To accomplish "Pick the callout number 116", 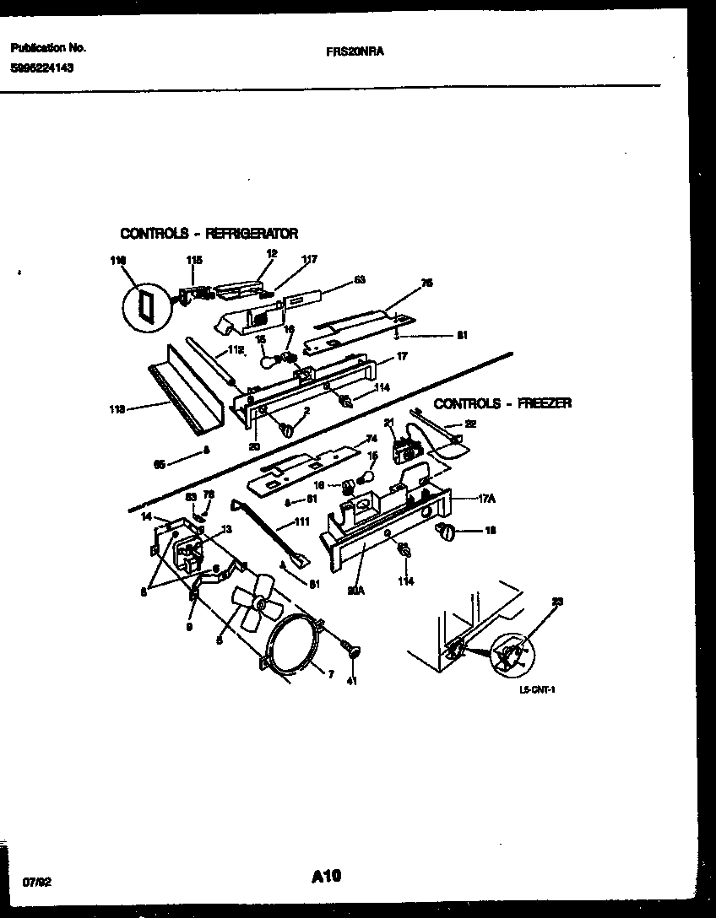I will point(117,261).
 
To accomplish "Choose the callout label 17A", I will point(486,499).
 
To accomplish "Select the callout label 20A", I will point(355,591).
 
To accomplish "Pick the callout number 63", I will point(360,279).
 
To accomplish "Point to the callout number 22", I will point(471,424).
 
